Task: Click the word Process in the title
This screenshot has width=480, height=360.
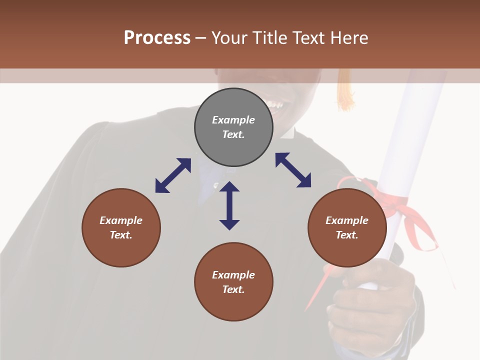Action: coord(157,38)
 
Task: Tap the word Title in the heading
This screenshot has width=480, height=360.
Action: coord(269,38)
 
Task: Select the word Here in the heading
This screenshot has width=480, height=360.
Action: coord(349,38)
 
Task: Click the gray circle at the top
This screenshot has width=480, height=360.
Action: coord(233,127)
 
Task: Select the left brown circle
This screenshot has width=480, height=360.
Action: coord(121,228)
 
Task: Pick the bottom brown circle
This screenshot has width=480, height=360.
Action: coord(233,282)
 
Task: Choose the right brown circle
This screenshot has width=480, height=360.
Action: coord(347,228)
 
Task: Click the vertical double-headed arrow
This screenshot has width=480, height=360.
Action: coord(229,205)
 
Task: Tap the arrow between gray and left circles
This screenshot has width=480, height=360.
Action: coord(173,175)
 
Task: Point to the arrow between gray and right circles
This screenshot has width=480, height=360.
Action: coord(293,170)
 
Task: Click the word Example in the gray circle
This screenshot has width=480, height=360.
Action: coord(233,120)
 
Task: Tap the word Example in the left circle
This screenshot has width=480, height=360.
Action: coord(121,220)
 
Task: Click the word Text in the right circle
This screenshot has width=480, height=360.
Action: coord(346,235)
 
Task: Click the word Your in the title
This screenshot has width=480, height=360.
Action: coord(229,38)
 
